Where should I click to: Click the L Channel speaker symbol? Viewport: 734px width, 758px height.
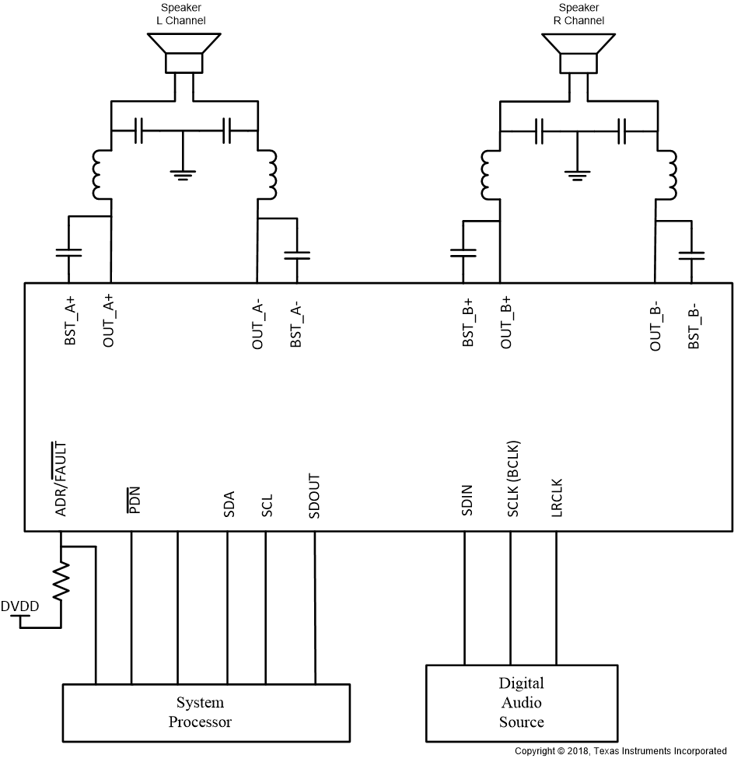(x=184, y=54)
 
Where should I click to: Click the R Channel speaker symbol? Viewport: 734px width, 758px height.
(x=578, y=54)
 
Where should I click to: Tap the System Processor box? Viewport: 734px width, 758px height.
(x=200, y=712)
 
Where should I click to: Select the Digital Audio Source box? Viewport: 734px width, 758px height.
(x=521, y=703)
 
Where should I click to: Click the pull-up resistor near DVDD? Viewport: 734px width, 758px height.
(x=61, y=578)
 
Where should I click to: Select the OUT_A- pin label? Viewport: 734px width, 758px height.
(x=257, y=325)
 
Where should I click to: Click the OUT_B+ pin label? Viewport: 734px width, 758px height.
(x=506, y=322)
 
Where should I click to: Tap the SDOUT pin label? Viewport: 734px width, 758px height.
(x=314, y=496)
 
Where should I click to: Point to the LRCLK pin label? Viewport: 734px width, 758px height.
(x=556, y=497)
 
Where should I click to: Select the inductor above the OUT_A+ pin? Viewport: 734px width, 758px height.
(x=100, y=173)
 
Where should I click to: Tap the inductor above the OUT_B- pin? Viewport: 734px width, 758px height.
(x=668, y=174)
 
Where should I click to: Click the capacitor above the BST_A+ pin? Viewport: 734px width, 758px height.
(x=68, y=253)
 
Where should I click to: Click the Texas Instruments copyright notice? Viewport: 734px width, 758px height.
(x=620, y=751)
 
